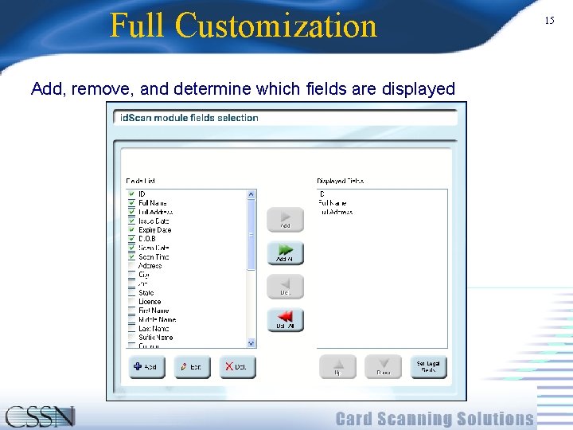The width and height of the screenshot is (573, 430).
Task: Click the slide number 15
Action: [x=549, y=21]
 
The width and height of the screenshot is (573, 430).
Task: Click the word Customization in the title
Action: [x=275, y=25]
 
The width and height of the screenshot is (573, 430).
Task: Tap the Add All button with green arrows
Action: [x=285, y=253]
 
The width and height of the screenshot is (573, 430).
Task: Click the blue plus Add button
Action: [x=146, y=366]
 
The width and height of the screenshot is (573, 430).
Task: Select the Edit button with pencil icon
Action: [x=192, y=366]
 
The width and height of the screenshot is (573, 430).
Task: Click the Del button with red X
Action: [x=237, y=366]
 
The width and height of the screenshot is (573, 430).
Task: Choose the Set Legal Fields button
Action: [x=428, y=366]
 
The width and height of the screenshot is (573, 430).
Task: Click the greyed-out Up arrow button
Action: [x=337, y=366]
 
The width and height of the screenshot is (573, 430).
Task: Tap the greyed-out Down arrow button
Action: [x=383, y=366]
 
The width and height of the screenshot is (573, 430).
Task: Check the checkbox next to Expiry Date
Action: [x=131, y=230]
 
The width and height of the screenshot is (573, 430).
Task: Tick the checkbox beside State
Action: [x=131, y=293]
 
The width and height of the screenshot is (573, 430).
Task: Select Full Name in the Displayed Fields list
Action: [x=333, y=203]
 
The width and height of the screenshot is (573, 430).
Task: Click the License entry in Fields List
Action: [x=150, y=302]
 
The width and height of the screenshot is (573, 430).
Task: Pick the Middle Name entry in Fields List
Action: [x=157, y=320]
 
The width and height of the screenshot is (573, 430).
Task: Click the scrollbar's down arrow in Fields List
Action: [x=251, y=343]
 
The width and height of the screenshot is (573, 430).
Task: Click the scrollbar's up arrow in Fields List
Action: [x=251, y=194]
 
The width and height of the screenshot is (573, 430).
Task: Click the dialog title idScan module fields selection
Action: [x=189, y=118]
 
